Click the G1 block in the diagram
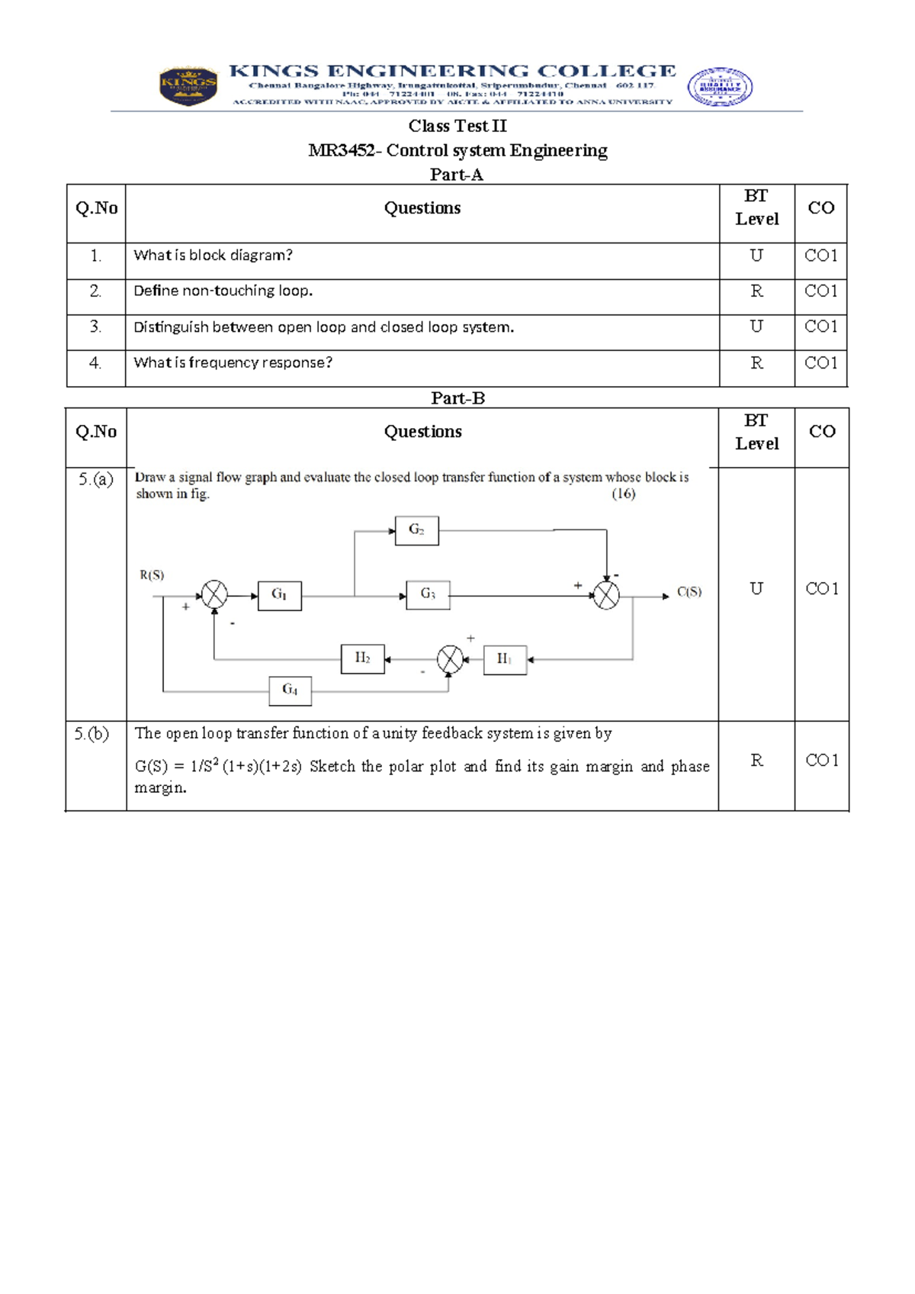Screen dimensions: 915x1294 point(280,595)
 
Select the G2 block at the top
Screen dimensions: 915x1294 point(416,530)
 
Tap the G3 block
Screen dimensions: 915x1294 point(428,594)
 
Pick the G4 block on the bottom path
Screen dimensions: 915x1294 point(290,690)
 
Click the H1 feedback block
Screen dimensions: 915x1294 point(505,659)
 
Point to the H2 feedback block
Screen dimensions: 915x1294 point(362,658)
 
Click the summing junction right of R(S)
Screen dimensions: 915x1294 point(214,595)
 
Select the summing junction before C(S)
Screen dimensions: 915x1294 point(606,595)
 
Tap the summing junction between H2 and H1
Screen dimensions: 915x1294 point(450,659)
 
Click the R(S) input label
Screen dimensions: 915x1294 point(152,575)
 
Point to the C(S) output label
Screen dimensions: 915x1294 point(689,592)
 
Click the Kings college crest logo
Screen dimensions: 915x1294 point(188,85)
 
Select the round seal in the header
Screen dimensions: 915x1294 point(720,86)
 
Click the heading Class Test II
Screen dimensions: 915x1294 point(457,126)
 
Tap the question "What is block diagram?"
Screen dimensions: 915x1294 point(213,256)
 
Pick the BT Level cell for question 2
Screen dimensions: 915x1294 point(756,291)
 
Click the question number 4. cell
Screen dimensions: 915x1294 point(95,363)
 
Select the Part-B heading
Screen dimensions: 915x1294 point(457,398)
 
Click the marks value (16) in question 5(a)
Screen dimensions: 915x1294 point(624,494)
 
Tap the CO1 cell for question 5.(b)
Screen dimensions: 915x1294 point(822,760)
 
